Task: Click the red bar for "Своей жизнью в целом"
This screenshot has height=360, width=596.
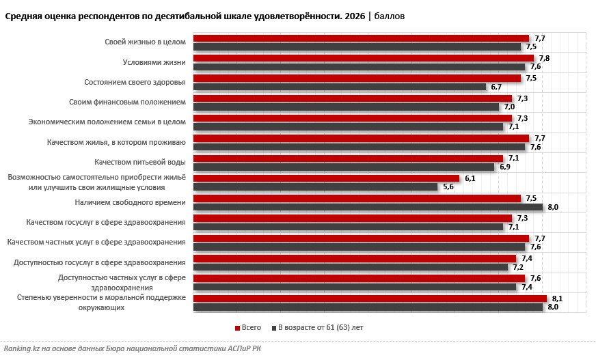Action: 361,38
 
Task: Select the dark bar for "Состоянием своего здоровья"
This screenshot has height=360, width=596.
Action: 340,87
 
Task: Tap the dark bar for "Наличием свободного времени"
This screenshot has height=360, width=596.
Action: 368,207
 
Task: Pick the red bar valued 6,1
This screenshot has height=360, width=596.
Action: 326,178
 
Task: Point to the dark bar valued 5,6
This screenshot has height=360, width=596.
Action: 316,187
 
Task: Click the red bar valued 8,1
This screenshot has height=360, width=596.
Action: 370,299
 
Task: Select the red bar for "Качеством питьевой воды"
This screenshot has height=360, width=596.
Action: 348,158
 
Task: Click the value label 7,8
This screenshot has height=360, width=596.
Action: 544,58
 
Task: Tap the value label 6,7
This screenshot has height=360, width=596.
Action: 496,87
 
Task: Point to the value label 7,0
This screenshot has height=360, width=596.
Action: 509,107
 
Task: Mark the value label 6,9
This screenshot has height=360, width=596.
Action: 505,167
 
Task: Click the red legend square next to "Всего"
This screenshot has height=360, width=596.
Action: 238,328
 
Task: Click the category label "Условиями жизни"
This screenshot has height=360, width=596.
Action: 154,62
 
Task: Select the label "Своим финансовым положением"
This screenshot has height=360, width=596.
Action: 127,102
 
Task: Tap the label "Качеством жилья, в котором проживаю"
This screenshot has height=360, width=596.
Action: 116,142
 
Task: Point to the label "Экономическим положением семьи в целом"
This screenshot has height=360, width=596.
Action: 107,122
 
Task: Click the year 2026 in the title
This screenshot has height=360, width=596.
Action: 355,16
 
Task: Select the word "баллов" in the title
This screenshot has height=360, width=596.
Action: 390,16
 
